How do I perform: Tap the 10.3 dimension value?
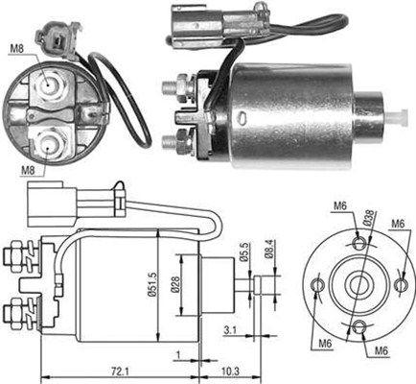[x=230, y=372]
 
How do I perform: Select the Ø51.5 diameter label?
[x=152, y=284]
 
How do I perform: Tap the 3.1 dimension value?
[x=230, y=330]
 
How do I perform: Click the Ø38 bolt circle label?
[x=370, y=218]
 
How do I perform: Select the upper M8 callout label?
[x=17, y=49]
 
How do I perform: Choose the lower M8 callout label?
[x=28, y=170]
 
